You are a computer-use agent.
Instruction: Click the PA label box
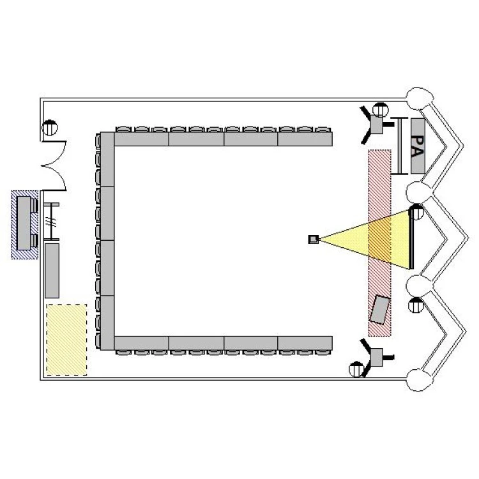(x=418, y=146)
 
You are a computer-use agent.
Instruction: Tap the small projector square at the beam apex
(x=314, y=240)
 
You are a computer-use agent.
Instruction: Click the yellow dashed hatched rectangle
(x=66, y=340)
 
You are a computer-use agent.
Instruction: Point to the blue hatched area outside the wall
(x=25, y=225)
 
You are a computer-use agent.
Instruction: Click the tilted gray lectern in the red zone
(x=379, y=310)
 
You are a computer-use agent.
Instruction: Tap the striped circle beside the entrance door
(x=49, y=127)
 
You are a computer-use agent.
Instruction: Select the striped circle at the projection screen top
(x=416, y=211)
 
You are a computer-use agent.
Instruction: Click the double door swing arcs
(x=54, y=166)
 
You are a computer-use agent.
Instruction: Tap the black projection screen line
(x=411, y=240)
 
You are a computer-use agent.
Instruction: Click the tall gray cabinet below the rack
(x=52, y=271)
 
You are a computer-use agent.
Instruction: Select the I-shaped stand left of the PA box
(x=399, y=146)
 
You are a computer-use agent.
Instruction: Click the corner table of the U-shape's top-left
(x=107, y=159)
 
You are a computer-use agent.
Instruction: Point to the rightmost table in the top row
(x=305, y=139)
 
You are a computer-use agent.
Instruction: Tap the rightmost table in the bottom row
(x=305, y=343)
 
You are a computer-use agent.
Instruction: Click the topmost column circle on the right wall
(x=420, y=98)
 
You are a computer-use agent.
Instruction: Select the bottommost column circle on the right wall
(x=420, y=380)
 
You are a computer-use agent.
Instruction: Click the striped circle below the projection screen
(x=416, y=305)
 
